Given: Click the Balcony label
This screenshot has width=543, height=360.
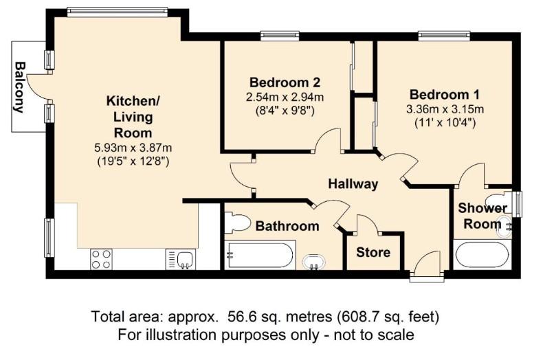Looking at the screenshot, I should [x=20, y=87].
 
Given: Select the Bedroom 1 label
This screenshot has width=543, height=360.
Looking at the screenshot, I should [x=444, y=94].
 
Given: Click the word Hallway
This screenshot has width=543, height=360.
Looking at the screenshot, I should [x=353, y=184].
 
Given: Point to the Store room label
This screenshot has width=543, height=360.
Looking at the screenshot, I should [x=373, y=252].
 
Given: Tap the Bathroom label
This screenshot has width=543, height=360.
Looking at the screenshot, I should [x=287, y=225].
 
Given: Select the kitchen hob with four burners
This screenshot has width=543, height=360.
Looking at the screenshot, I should [x=101, y=259].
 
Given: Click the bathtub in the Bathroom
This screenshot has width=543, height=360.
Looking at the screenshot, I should [x=261, y=257].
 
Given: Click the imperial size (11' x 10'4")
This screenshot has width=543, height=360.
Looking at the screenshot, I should [x=445, y=124].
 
